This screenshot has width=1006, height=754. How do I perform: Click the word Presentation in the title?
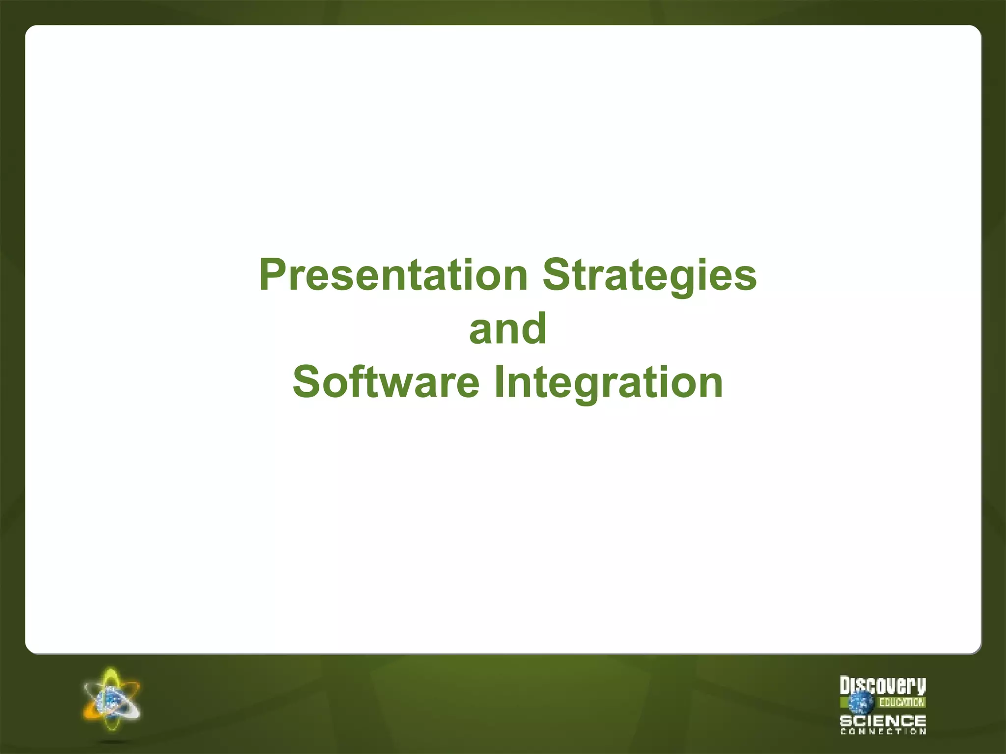[x=393, y=275]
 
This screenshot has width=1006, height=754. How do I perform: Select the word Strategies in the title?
[x=649, y=275]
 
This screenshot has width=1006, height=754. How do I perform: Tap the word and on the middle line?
[x=507, y=329]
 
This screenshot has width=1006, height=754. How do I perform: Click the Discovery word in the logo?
[x=883, y=686]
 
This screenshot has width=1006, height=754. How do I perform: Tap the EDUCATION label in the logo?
[x=902, y=702]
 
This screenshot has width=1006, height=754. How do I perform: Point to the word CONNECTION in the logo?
[x=883, y=731]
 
